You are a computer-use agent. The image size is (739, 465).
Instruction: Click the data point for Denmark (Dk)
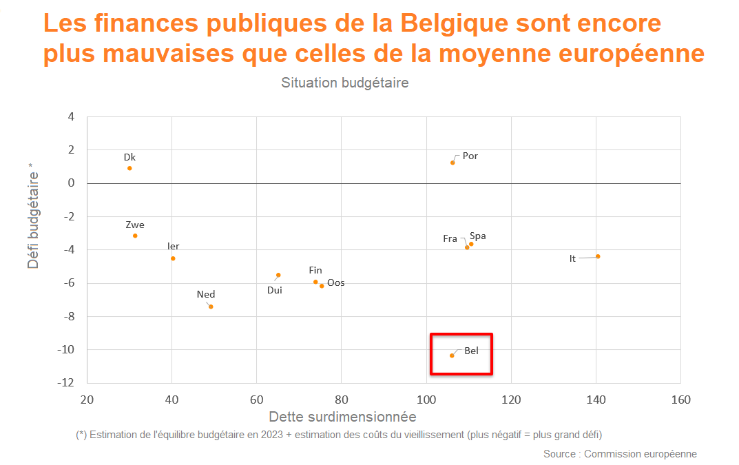[x=129, y=168]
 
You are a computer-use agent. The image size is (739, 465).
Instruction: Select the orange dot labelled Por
[x=452, y=163]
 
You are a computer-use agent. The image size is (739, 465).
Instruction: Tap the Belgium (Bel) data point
[x=452, y=355]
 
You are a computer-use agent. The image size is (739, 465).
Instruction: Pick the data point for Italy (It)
[x=598, y=256]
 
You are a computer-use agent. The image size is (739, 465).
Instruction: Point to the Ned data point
[x=211, y=307]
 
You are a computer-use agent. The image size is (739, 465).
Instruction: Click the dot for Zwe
[x=135, y=236]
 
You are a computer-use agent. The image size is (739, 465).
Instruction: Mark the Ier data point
[x=173, y=258]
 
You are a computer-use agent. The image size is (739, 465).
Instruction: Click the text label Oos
[x=336, y=282]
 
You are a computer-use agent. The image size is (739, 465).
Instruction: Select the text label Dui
[x=275, y=290]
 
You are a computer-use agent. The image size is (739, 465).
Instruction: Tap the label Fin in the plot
[x=315, y=270]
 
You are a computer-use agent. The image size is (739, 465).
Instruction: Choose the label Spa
[x=477, y=236]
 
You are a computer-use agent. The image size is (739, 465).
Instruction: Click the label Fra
[x=450, y=238]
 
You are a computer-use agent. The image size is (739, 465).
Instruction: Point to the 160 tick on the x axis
[x=680, y=400]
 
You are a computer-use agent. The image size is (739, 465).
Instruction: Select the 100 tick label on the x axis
[x=426, y=400]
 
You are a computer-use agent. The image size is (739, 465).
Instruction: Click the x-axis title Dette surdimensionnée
[x=342, y=417]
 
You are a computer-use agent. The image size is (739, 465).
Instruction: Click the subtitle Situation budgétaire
[x=344, y=83]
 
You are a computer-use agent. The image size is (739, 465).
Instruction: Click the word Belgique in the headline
[x=457, y=23]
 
